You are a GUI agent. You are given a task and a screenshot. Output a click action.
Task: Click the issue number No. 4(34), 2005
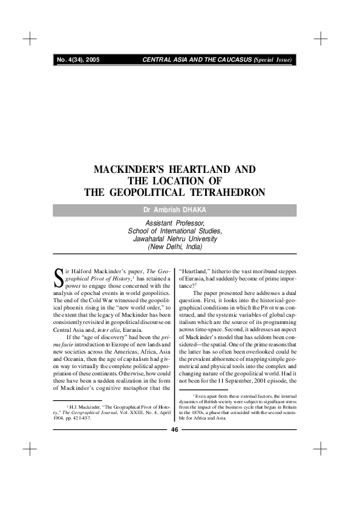[x=78, y=60]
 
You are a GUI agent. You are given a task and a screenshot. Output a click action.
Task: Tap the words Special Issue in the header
[x=274, y=60]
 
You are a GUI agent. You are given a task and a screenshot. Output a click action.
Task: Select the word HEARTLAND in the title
[x=203, y=170]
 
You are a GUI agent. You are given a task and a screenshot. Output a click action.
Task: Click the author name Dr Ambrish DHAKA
[x=175, y=210]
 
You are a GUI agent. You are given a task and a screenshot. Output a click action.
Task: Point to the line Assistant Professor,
[x=175, y=223]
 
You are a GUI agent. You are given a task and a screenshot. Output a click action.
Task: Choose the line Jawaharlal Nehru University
[x=175, y=239]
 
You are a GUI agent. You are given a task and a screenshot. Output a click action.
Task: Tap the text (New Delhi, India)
[x=175, y=247]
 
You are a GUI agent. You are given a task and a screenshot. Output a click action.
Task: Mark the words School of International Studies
[x=175, y=231]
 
